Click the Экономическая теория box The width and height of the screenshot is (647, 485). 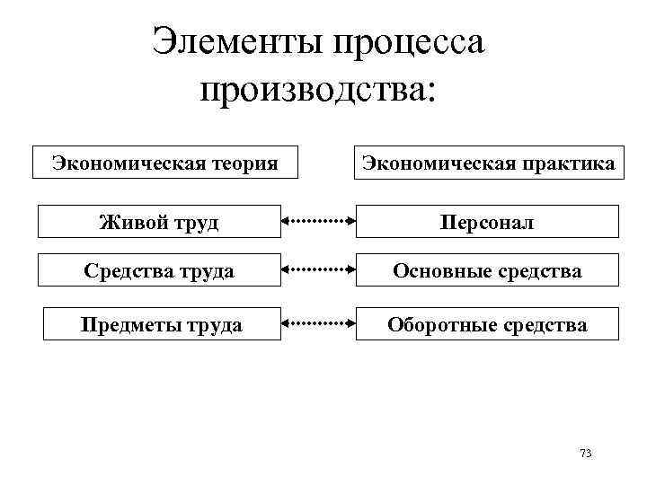164,163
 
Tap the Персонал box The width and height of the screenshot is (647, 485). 487,222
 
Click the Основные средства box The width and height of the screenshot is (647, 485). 487,270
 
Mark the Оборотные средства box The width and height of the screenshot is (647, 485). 487,323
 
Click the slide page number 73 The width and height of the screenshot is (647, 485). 586,453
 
